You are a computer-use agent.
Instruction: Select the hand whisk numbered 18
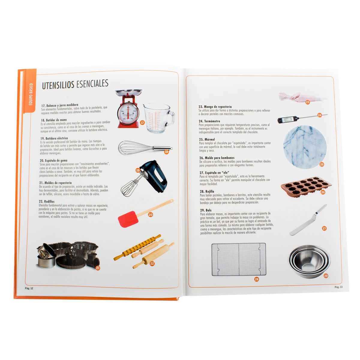click(141, 148)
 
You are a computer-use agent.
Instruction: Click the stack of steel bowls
click(309, 261)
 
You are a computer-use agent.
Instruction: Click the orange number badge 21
click(97, 268)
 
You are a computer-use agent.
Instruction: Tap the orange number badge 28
click(256, 279)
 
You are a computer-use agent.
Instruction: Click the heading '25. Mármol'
click(207, 139)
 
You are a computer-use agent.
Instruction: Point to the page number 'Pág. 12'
click(29, 288)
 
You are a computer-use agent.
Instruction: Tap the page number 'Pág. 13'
click(338, 287)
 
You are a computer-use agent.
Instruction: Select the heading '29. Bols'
click(205, 210)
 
